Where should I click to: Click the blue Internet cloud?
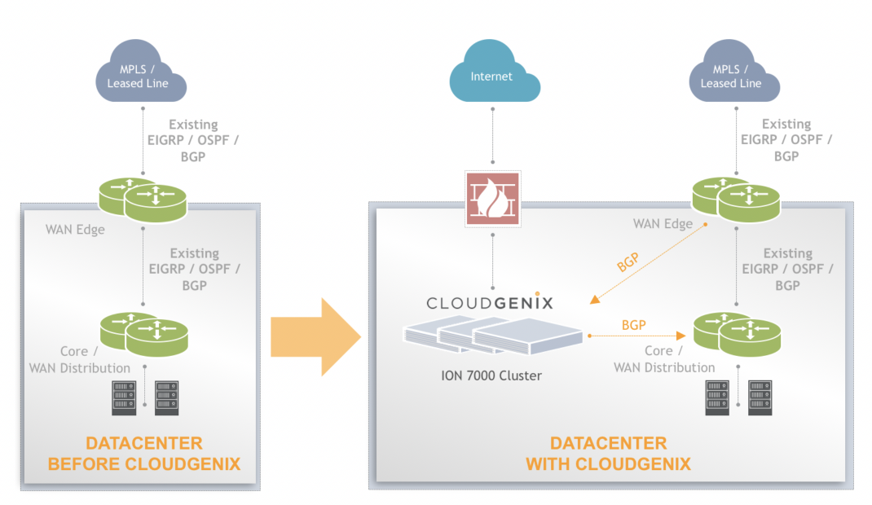[x=492, y=76]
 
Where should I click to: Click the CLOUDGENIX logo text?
[x=491, y=303]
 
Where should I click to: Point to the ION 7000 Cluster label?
[x=492, y=375]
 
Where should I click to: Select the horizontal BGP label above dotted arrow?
[x=633, y=325]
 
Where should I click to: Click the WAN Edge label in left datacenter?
[x=75, y=230]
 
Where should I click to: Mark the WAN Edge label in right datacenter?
[x=663, y=224]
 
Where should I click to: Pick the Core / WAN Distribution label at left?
[x=79, y=360]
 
